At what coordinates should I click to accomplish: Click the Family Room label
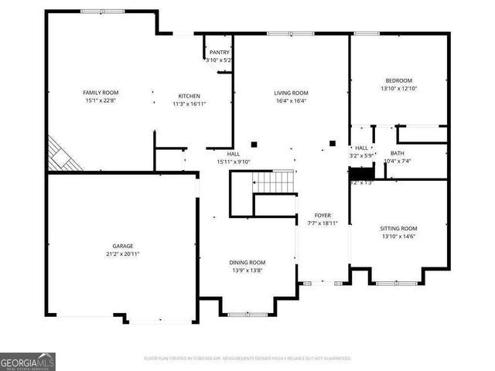pos(101,92)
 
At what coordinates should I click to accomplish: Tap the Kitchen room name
pos(189,95)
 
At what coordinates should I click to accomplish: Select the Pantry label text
pos(219,53)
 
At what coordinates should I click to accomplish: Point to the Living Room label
pos(291,92)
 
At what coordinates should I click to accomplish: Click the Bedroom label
pos(398,80)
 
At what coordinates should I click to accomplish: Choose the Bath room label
pos(398,153)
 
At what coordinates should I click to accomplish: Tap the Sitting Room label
pos(398,228)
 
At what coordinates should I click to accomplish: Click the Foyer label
pos(323,215)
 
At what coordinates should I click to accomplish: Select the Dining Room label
pos(247,262)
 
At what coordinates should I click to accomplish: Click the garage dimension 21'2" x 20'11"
pos(122,254)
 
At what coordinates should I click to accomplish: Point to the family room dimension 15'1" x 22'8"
pos(101,100)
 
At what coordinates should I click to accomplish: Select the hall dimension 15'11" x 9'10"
pos(233,161)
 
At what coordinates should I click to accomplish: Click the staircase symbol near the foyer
pos(275,182)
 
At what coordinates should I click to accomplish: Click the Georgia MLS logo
pos(28,361)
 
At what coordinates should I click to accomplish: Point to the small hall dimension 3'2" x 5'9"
pos(361,155)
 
